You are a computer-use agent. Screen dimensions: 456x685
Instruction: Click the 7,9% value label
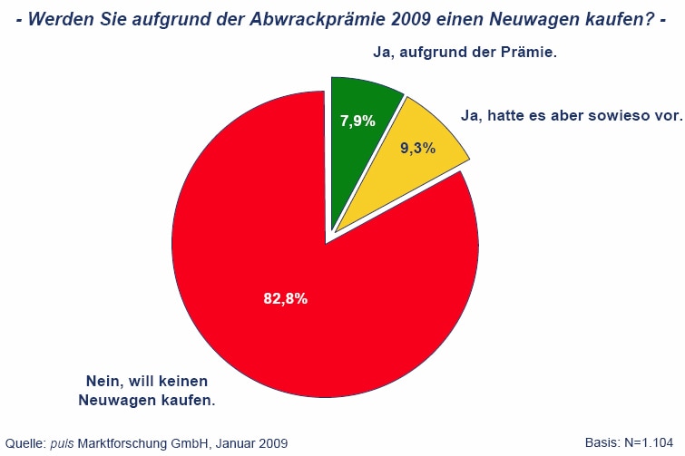[x=357, y=121]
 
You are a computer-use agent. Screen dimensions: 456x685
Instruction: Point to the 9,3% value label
[x=417, y=148]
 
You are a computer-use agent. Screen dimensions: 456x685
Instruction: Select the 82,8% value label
[x=286, y=298]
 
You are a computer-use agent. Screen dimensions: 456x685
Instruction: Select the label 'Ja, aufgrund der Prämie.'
[x=465, y=53]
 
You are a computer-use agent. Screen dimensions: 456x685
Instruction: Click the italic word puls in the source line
[x=62, y=443]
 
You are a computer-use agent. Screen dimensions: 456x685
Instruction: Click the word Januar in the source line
[x=228, y=443]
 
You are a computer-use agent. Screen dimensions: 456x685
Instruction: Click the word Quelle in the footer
[x=24, y=443]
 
